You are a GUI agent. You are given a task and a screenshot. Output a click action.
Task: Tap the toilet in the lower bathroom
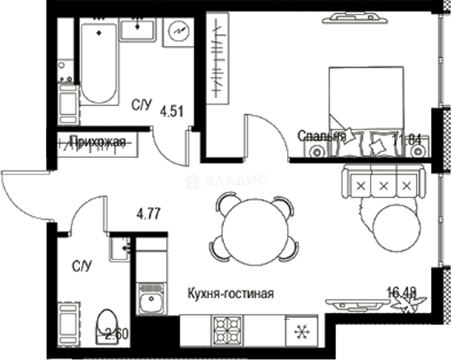pos(107,325)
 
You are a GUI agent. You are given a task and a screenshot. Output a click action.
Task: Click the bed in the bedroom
pos(366,111)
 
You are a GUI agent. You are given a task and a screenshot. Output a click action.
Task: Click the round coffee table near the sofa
pos(396,227)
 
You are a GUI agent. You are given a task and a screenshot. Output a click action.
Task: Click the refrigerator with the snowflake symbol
pos(302,331)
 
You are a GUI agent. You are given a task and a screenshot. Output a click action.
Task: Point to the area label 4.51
pos(172,111)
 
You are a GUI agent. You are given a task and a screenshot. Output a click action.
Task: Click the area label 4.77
pos(148,214)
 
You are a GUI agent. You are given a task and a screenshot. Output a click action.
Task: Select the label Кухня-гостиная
pos(231,294)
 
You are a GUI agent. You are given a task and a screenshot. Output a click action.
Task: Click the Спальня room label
pos(321,136)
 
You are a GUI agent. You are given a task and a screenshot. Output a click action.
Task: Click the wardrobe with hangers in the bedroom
pos(217,58)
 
